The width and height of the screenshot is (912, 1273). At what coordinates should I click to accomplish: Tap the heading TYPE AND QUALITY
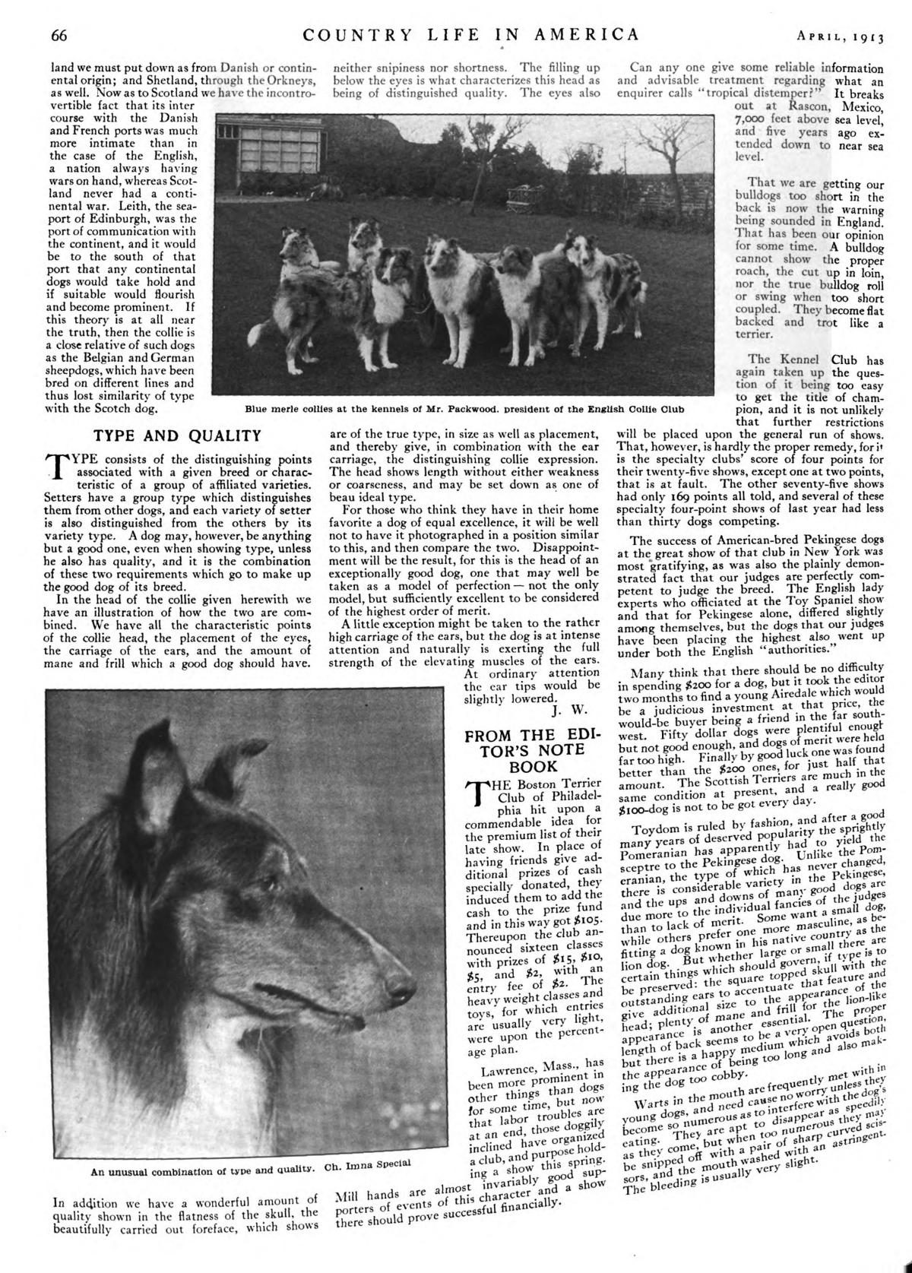point(176,435)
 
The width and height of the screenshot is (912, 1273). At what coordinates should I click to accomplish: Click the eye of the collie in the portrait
point(269,884)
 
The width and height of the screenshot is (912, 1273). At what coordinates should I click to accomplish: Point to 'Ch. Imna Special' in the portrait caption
point(356,1163)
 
